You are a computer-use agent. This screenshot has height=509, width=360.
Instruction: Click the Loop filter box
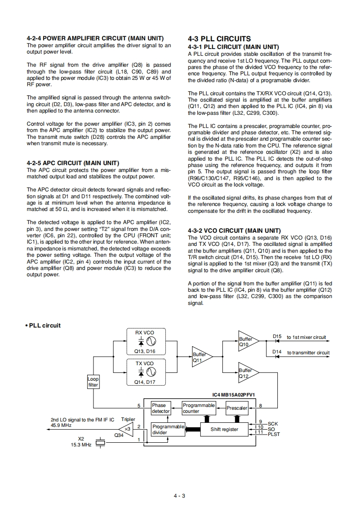coord(93,382)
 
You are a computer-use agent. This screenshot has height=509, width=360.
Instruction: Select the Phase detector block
coord(160,408)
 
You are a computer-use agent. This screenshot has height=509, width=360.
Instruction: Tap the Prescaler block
coord(237,408)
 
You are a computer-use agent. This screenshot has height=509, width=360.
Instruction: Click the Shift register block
coord(224,429)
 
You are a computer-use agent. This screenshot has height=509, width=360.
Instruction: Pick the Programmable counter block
coord(198,408)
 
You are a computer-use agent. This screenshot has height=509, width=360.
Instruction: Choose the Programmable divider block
coord(168,430)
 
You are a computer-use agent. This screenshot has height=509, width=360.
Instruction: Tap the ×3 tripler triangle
coord(127,429)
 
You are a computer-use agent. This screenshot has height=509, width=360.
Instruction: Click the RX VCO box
coord(145,342)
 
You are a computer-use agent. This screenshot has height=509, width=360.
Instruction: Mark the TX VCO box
coord(145,372)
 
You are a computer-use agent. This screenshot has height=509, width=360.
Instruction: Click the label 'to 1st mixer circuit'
coord(306,337)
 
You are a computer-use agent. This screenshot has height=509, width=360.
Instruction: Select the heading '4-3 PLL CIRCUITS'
coord(219,39)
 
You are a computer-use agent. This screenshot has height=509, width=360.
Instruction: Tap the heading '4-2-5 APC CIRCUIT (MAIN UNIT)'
coord(73,163)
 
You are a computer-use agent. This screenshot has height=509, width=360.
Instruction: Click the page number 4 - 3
coord(179,495)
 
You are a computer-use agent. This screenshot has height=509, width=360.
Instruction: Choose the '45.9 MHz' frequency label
coord(61,426)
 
